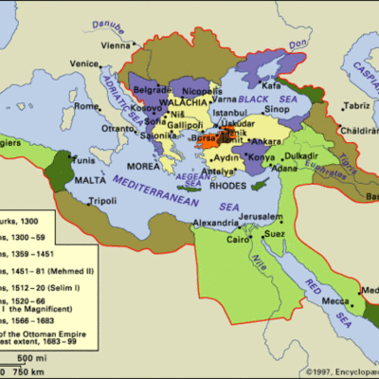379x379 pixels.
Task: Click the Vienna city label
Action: pos(115,45)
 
